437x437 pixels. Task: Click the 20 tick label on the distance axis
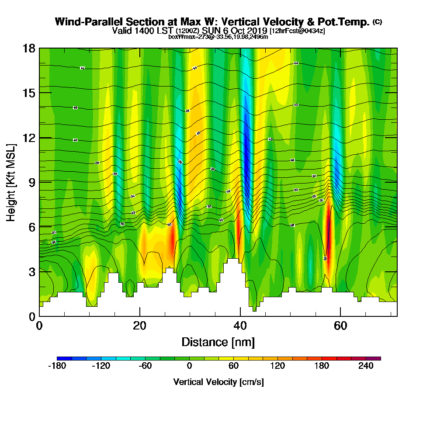140,326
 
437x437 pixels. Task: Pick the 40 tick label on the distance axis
240,326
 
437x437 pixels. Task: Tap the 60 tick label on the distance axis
340,326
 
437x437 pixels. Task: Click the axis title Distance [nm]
218,342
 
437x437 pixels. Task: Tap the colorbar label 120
277,366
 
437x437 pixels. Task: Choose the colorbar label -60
145,366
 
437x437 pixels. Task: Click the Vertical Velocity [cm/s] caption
218,382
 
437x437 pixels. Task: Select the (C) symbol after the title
378,22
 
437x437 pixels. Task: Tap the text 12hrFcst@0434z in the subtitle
297,31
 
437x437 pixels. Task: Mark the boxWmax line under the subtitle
218,37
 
